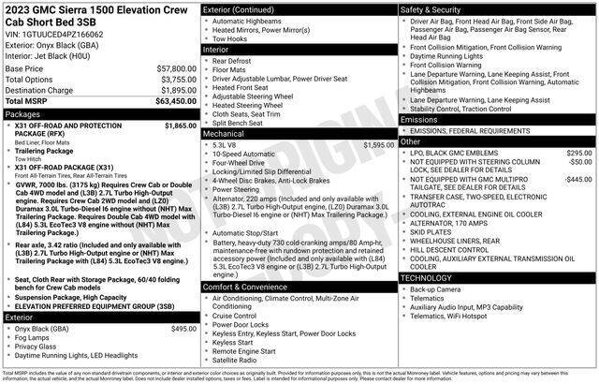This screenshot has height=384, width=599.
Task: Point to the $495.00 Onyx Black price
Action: coord(177,329)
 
